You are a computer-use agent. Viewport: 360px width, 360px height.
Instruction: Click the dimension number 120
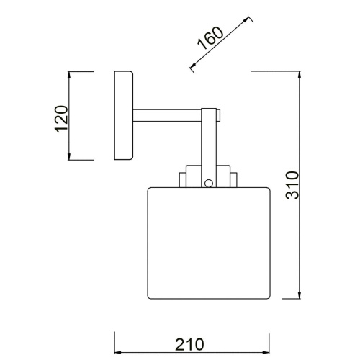tap(60, 117)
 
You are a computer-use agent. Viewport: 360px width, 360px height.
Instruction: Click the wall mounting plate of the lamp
tap(123, 116)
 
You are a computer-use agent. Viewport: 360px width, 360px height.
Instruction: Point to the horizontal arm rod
tap(167, 114)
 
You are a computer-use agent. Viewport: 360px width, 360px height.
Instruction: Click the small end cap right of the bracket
tap(219, 114)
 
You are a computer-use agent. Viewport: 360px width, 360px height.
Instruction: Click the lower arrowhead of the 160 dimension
tap(192, 69)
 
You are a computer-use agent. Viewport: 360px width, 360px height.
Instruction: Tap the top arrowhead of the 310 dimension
tap(298, 74)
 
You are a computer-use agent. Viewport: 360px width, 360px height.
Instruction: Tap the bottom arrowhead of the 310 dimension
tap(298, 297)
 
